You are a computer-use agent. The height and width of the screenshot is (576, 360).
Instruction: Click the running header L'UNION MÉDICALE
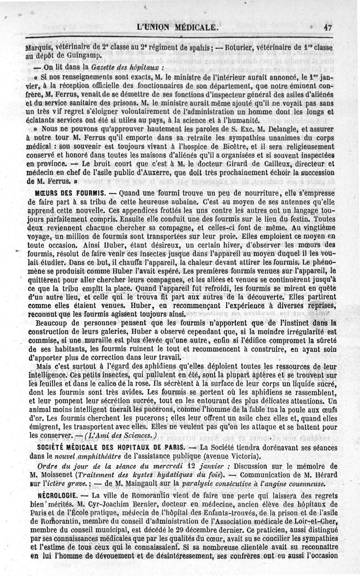(x=180, y=27)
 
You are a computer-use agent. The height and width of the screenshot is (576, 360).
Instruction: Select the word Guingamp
(x=79, y=56)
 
